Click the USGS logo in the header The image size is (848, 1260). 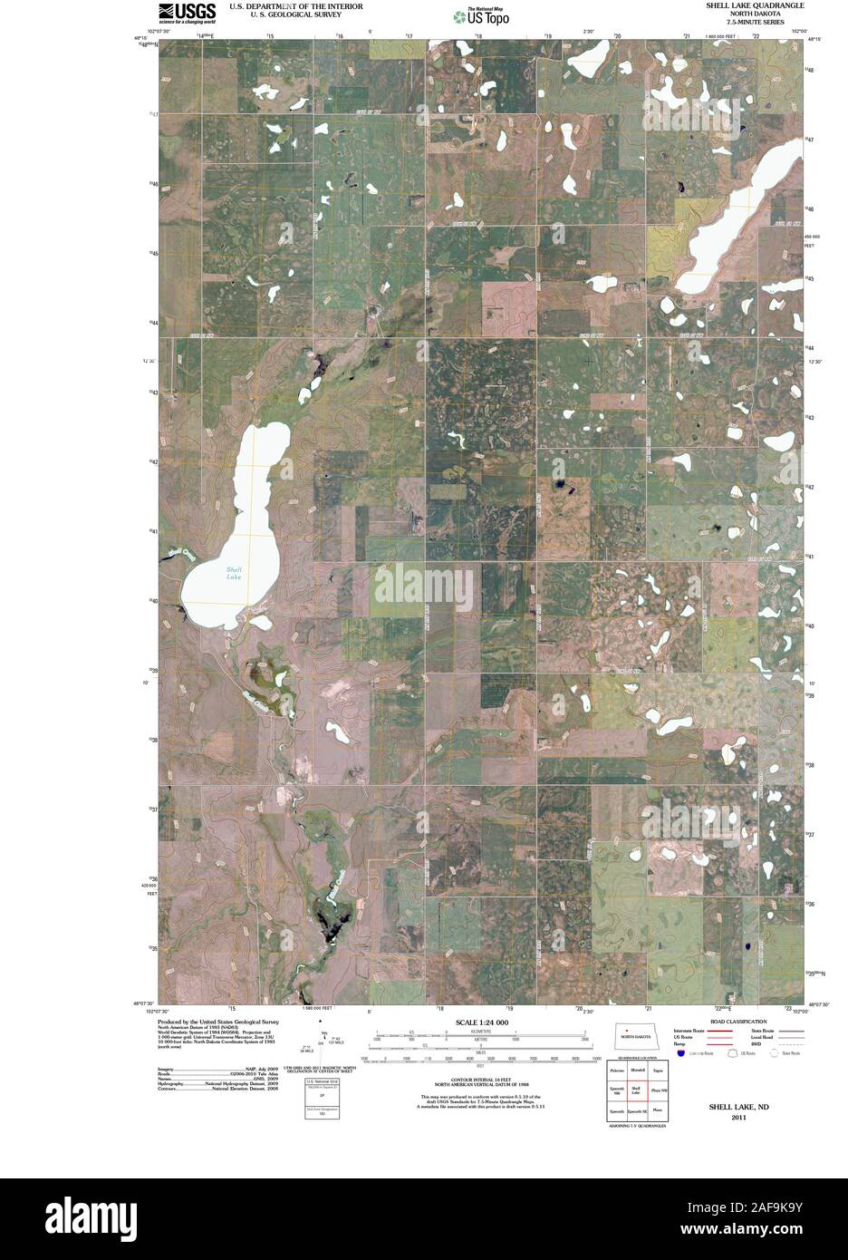point(188,12)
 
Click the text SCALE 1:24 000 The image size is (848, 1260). point(482,1022)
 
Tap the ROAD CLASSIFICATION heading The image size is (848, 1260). point(737,1021)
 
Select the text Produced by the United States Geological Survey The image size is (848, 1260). point(217,1020)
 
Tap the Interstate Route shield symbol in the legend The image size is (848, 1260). point(679,1053)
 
